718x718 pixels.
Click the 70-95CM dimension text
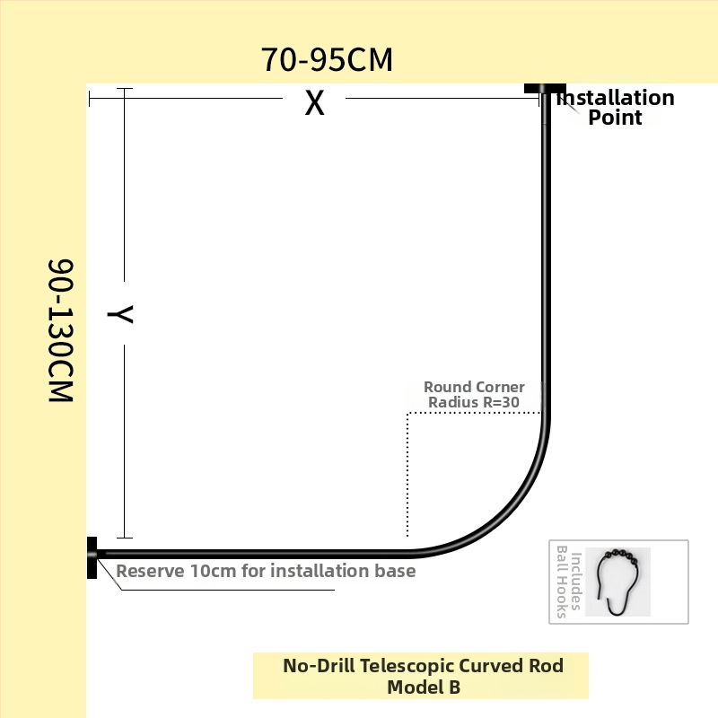[x=327, y=59]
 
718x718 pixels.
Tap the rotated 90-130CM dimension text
[x=60, y=330]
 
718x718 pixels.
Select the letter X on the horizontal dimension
[x=315, y=102]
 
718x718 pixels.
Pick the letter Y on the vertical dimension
[x=120, y=314]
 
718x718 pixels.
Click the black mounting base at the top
[x=545, y=88]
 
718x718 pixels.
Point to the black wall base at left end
[x=92, y=557]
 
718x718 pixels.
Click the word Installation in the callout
[x=616, y=98]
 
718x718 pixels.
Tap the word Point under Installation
[x=615, y=118]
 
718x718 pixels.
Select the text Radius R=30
[x=474, y=402]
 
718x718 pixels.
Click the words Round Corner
[x=474, y=387]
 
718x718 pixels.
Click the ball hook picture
[x=618, y=582]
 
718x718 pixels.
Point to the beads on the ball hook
[x=621, y=555]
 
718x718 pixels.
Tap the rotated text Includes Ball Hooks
[x=569, y=582]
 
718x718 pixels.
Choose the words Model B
[x=424, y=687]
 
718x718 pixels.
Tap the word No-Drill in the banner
[x=319, y=666]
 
